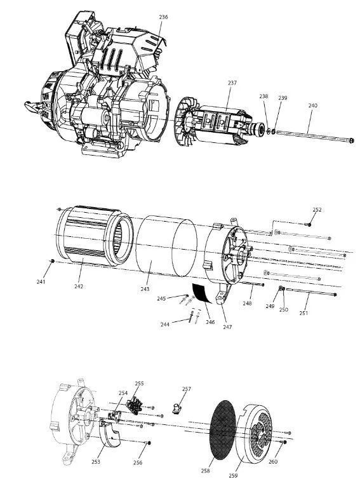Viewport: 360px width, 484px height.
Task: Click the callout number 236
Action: (x=164, y=17)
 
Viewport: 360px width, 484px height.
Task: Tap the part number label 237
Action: (x=232, y=83)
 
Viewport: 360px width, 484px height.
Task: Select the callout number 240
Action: (x=312, y=105)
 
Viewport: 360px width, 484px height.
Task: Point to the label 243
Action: (x=145, y=289)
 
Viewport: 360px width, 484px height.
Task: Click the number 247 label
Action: (x=227, y=327)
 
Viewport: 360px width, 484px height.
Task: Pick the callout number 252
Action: (x=317, y=210)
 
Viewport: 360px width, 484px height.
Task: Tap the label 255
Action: (x=140, y=384)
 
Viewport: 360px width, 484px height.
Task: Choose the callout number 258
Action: (x=205, y=471)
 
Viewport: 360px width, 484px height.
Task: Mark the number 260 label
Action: (x=273, y=462)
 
